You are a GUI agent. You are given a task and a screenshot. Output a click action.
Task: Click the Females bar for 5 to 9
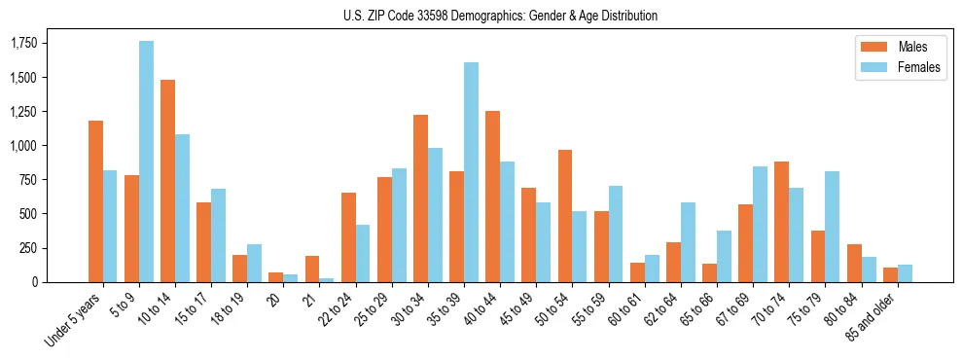point(146,162)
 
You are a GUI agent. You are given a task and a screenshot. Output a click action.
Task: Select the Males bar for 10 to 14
point(168,181)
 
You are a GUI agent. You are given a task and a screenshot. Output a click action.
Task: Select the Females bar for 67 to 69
point(760,224)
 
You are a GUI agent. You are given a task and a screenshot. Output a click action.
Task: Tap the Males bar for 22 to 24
point(348,237)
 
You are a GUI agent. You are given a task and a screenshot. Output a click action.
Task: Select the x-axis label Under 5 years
point(74,321)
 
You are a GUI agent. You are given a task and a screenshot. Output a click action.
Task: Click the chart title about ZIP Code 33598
point(500,16)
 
